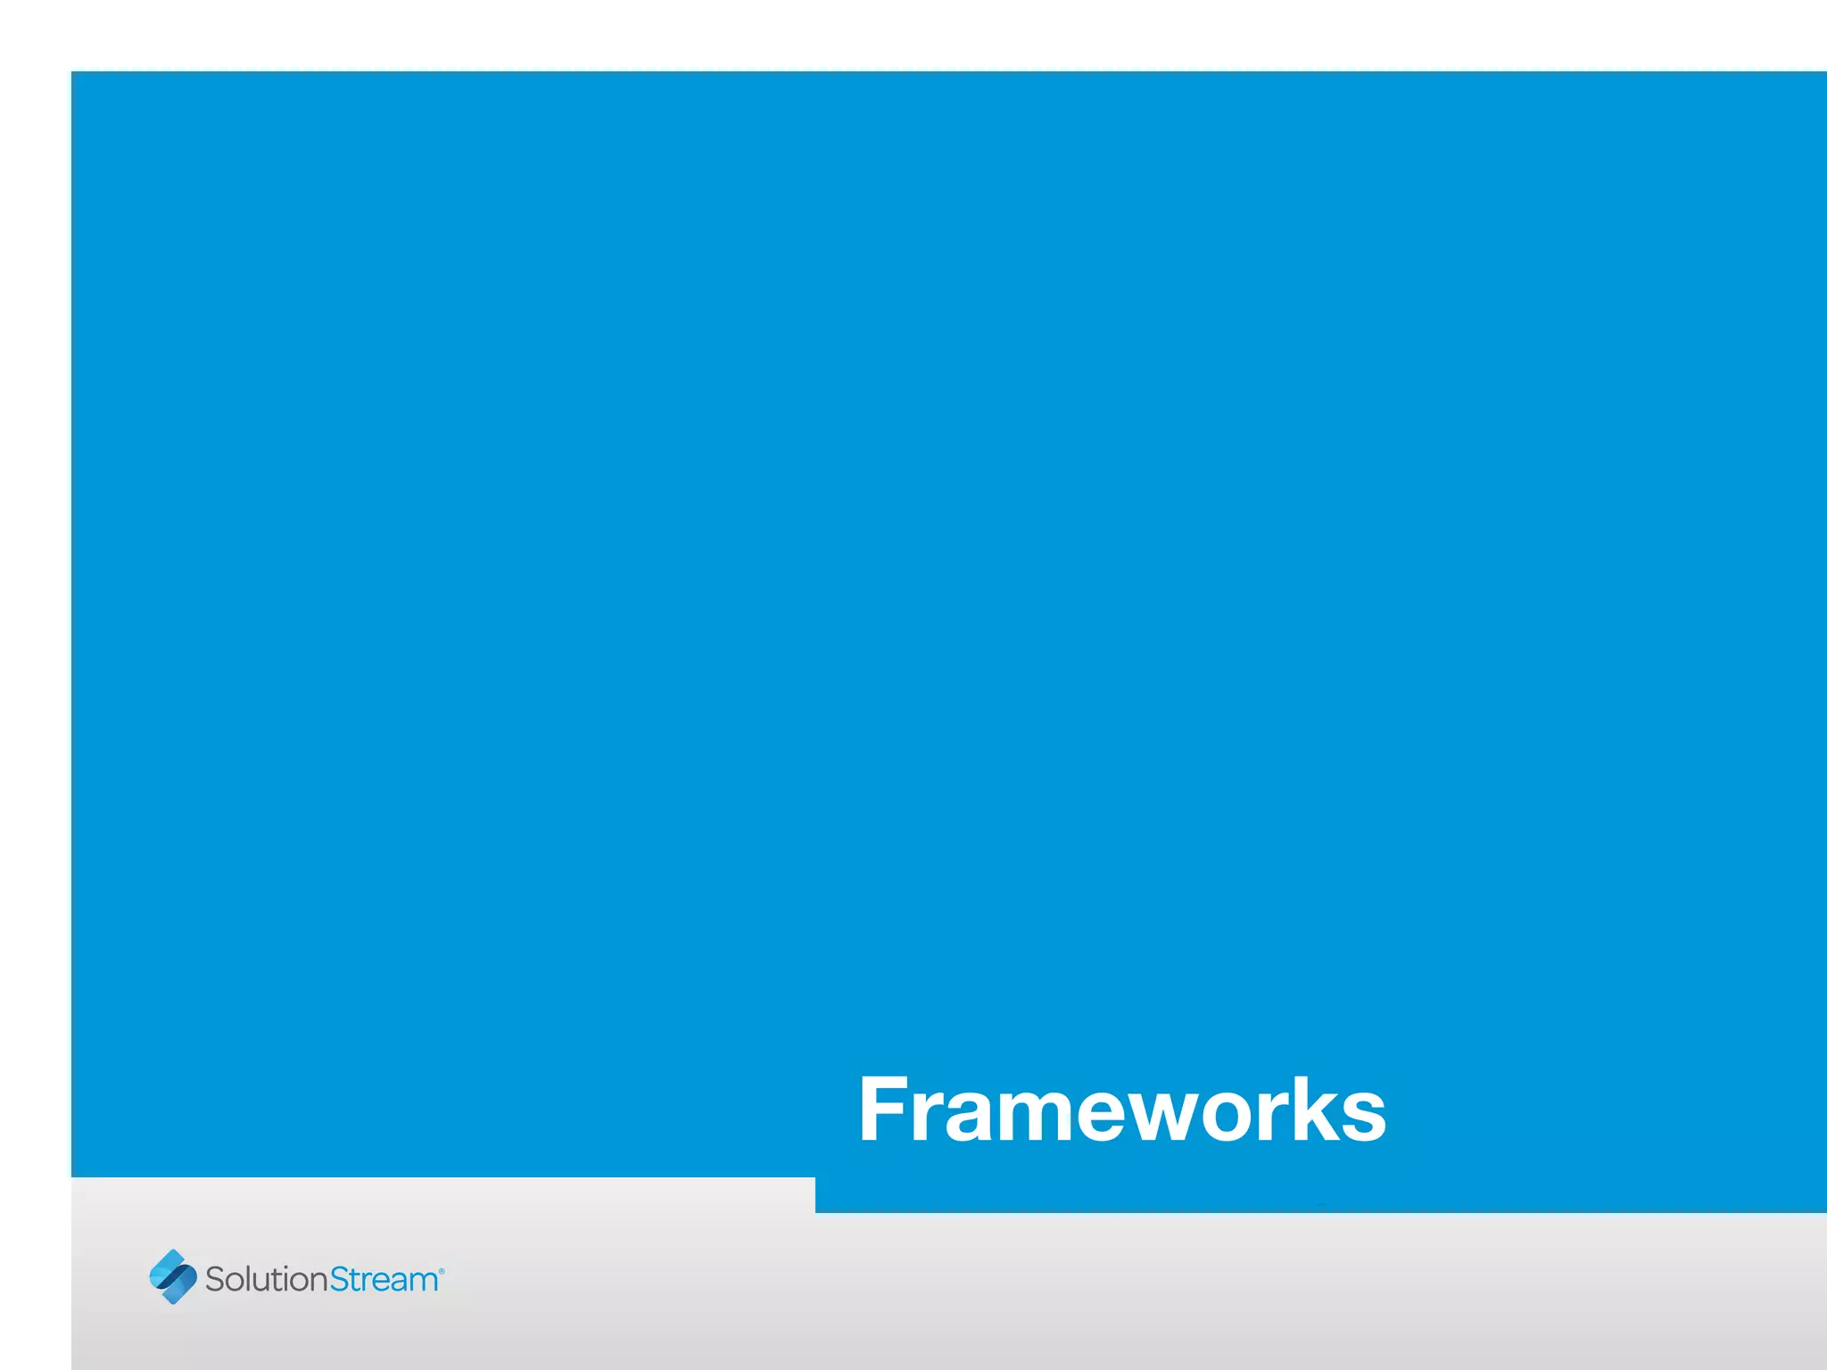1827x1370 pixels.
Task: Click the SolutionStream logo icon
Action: tap(173, 1276)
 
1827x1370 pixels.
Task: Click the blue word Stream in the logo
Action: tap(384, 1279)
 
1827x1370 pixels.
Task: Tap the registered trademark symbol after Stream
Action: tap(442, 1270)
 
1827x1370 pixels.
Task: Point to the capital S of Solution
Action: tap(215, 1279)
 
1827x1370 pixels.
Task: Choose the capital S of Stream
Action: tap(340, 1279)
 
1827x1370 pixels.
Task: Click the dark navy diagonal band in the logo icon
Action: tap(173, 1277)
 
